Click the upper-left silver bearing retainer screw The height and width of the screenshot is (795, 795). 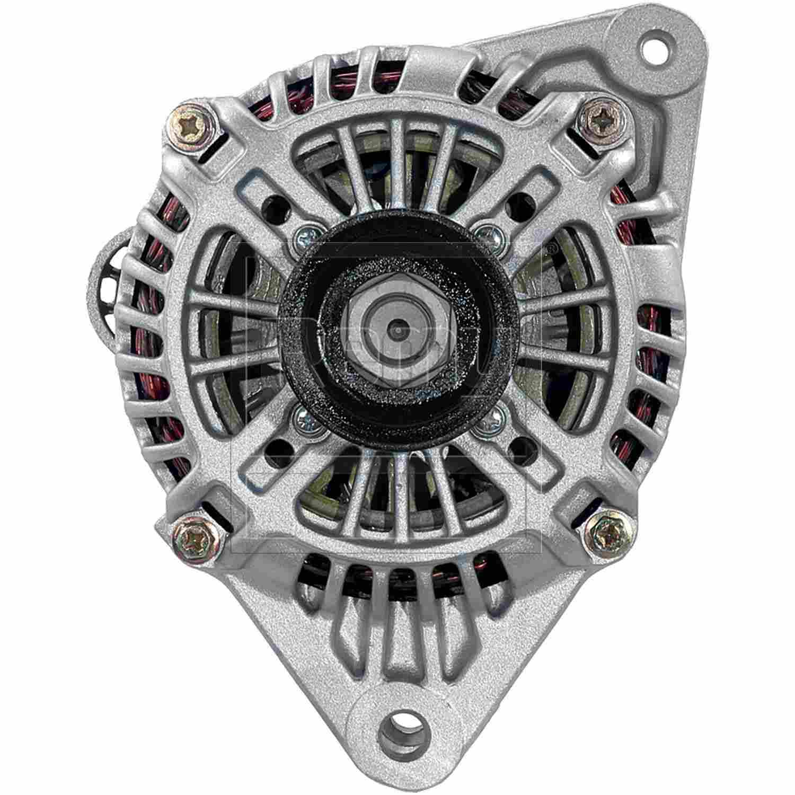(x=306, y=237)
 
